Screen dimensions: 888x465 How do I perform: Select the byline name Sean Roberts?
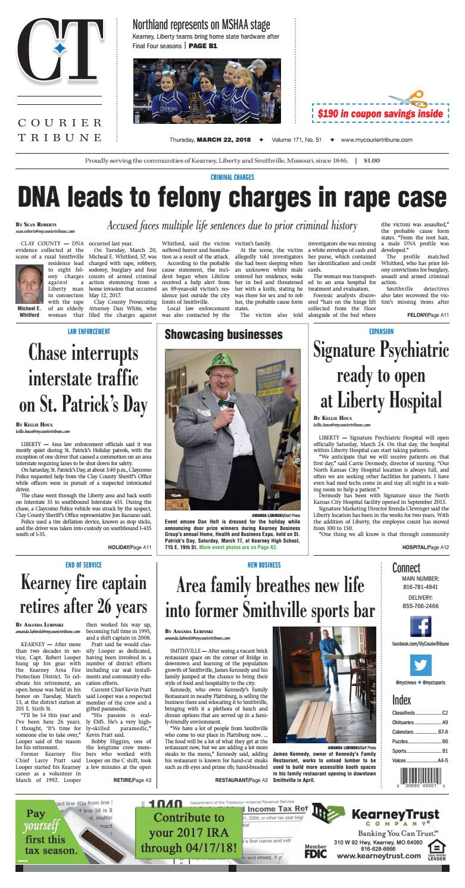[x=39, y=225]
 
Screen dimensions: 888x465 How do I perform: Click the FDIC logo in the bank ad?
[x=317, y=854]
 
